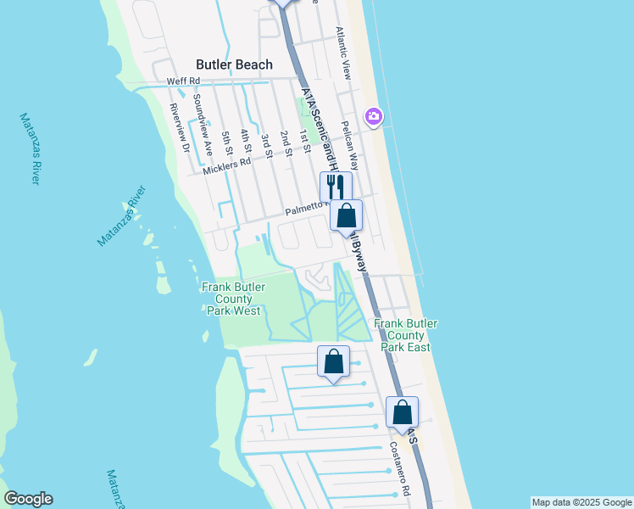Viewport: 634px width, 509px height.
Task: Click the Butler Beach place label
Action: (234, 64)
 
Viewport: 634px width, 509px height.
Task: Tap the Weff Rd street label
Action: (182, 81)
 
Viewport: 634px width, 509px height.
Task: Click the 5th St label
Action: (226, 142)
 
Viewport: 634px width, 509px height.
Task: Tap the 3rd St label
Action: (266, 143)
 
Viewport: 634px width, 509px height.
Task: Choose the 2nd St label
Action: (286, 143)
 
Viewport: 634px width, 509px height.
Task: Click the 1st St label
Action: (305, 141)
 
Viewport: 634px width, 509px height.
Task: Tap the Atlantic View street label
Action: (343, 53)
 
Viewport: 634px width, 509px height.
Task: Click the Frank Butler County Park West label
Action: (230, 299)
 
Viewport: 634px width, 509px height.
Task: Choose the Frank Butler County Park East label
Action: (402, 335)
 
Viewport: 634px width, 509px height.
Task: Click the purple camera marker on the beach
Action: (373, 116)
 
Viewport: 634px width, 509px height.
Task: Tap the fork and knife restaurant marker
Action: (335, 186)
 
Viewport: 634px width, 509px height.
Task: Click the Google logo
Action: (28, 499)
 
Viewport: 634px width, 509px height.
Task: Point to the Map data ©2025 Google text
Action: (581, 502)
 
